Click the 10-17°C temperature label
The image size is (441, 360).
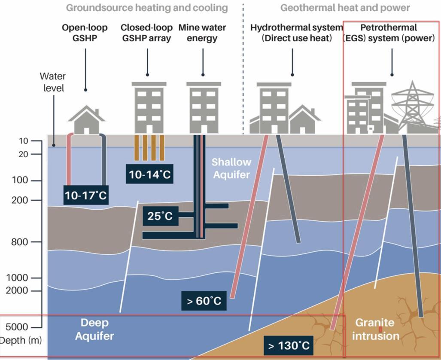[x=85, y=195]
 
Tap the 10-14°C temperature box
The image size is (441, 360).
[x=149, y=175]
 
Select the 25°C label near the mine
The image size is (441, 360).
[x=160, y=216]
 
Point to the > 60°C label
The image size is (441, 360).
[x=204, y=301]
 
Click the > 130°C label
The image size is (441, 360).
[x=289, y=346]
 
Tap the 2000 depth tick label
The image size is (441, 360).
[x=17, y=291]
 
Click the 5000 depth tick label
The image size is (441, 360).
[x=17, y=327]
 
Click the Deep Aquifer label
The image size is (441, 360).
[x=94, y=329]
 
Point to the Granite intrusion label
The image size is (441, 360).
[x=375, y=329]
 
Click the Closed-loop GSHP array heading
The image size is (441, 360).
[x=146, y=33]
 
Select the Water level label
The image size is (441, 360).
[x=53, y=82]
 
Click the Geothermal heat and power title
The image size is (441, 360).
[x=345, y=8]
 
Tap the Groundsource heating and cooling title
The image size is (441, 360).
[x=146, y=8]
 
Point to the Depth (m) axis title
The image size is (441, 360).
[x=21, y=341]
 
